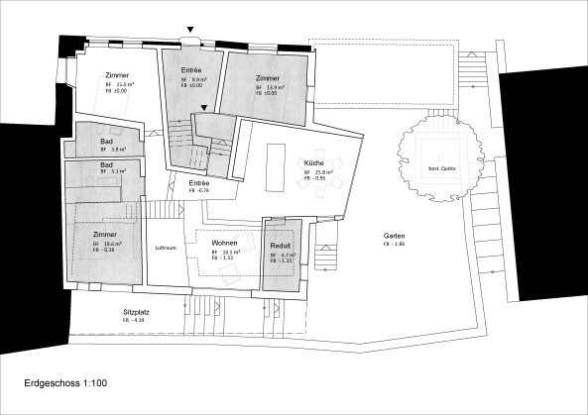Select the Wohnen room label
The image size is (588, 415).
pyautogui.click(x=223, y=243)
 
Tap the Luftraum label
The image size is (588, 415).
pyautogui.click(x=165, y=248)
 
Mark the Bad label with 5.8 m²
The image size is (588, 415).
pyautogui.click(x=106, y=142)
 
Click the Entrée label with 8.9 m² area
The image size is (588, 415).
pyautogui.click(x=193, y=70)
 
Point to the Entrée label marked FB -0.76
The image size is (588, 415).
pyautogui.click(x=199, y=183)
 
